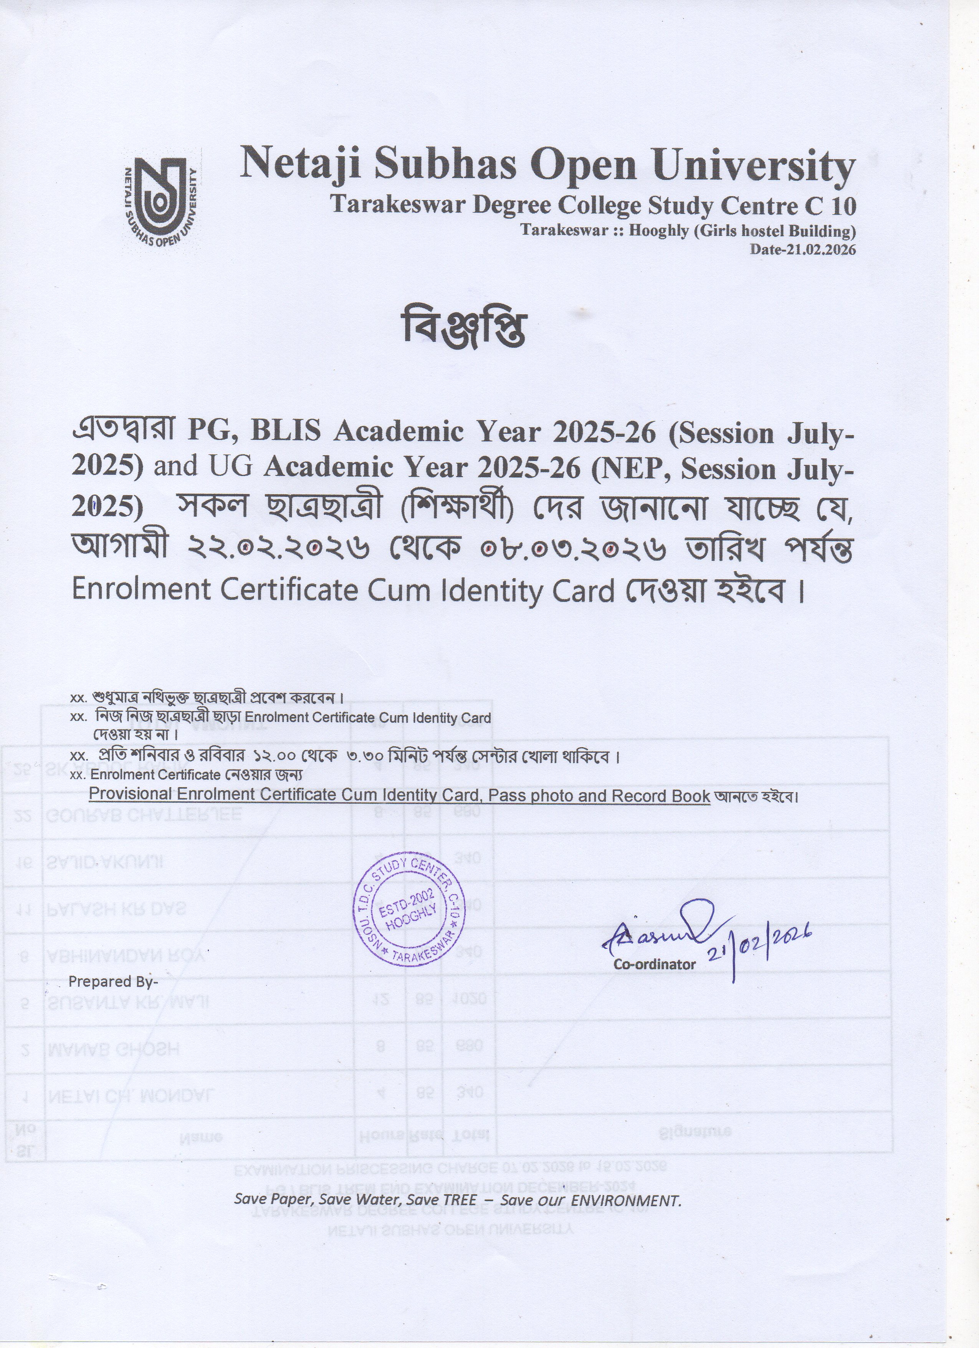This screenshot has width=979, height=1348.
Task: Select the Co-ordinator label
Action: (654, 964)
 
